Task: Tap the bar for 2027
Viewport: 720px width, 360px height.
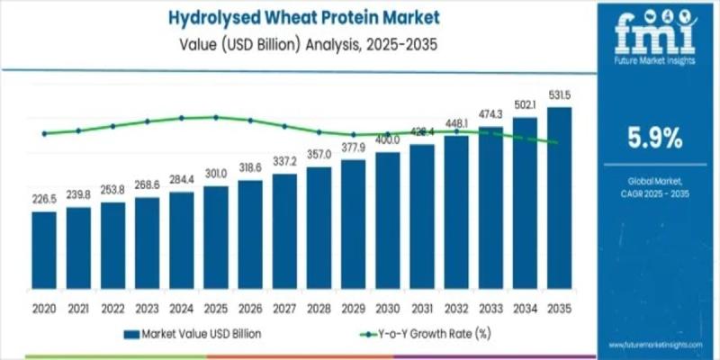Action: point(284,235)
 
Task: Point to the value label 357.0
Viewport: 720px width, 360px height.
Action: point(319,154)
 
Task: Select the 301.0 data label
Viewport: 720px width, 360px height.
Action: point(216,173)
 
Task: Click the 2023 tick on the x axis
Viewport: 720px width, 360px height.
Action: point(147,308)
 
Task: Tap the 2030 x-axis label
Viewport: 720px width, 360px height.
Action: point(388,308)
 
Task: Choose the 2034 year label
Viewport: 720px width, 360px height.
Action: point(525,308)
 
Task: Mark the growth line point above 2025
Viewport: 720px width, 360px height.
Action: point(216,117)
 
